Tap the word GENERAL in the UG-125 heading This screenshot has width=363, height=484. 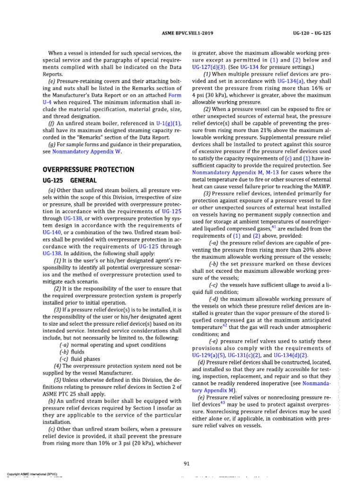pos(84,181)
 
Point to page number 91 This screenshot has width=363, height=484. pos(187,463)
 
